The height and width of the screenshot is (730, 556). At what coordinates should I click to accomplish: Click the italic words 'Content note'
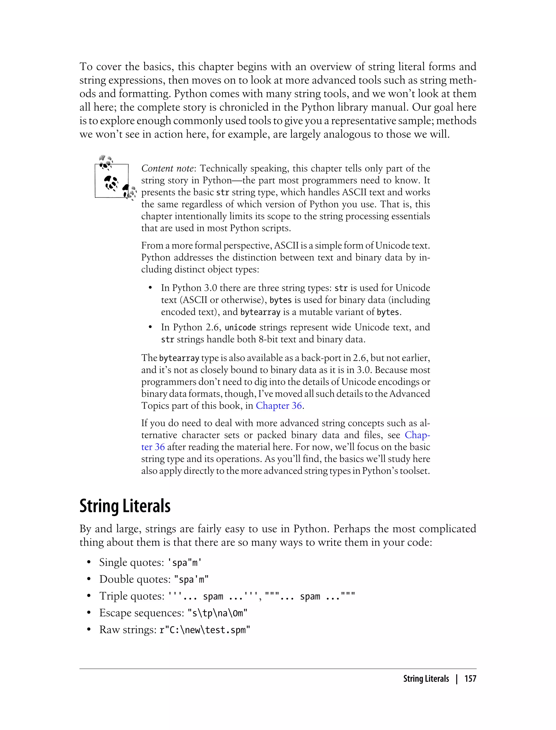pyautogui.click(x=167, y=168)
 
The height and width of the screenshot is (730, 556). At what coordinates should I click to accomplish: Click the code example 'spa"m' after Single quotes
pyautogui.click(x=185, y=562)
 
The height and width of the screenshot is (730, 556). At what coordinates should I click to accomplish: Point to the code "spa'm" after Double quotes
pyautogui.click(x=191, y=579)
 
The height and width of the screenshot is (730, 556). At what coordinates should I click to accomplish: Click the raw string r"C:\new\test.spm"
pyautogui.click(x=204, y=630)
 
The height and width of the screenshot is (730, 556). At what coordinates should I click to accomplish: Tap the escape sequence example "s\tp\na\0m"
pyautogui.click(x=217, y=613)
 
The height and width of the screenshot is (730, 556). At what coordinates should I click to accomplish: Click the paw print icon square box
pyautogui.click(x=112, y=181)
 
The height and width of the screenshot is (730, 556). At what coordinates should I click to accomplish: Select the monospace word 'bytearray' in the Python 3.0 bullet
pyautogui.click(x=260, y=312)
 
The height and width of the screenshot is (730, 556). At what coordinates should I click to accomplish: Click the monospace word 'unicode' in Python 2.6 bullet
pyautogui.click(x=240, y=328)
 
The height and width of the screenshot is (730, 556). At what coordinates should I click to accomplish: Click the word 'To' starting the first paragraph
pyautogui.click(x=86, y=67)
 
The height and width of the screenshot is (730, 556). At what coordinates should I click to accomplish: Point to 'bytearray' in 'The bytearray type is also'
pyautogui.click(x=179, y=358)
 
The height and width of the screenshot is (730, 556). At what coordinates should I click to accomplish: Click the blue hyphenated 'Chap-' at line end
pyautogui.click(x=417, y=435)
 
